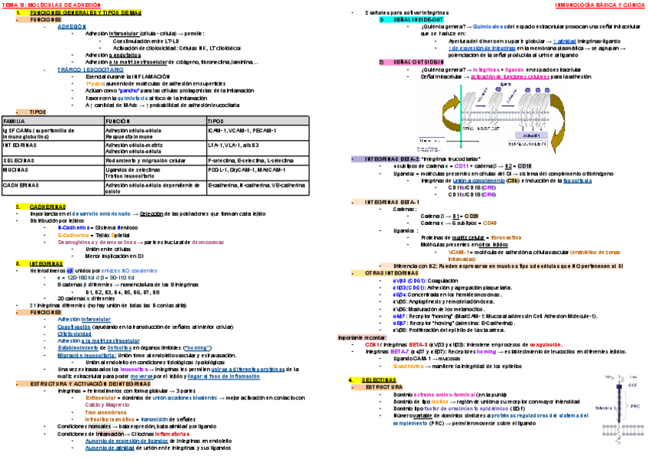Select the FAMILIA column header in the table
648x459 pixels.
point(15,122)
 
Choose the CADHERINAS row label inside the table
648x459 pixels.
point(21,184)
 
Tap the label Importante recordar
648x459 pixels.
point(361,337)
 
